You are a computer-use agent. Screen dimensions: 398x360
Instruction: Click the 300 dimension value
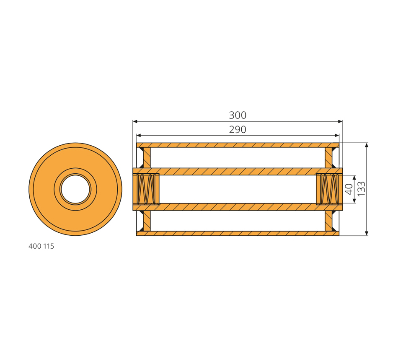(238, 115)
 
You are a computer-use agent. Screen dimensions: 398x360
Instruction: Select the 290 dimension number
(238, 130)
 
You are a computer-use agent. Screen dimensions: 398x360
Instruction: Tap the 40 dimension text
(349, 189)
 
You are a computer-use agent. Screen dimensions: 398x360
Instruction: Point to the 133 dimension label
(361, 188)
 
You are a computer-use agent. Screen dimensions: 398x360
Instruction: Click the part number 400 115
(41, 246)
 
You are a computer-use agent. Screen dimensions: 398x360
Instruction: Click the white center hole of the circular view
(75, 189)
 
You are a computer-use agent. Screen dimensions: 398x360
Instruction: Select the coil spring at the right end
(329, 189)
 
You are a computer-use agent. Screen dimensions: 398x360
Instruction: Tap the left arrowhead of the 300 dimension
(135, 121)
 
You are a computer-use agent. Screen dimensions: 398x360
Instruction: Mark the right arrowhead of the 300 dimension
(340, 121)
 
